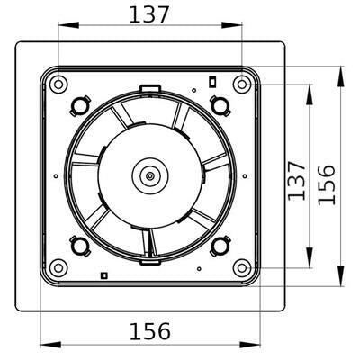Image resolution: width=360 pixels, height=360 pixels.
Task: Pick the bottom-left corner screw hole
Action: (58, 267)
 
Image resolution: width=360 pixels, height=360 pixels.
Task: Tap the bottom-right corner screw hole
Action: (241, 267)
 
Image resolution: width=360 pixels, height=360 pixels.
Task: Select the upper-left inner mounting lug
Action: (79, 105)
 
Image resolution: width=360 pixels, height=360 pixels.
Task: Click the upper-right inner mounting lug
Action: (220, 105)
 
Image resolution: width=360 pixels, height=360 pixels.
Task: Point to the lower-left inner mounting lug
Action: (79, 245)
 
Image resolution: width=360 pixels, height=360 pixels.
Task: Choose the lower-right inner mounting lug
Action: (220, 245)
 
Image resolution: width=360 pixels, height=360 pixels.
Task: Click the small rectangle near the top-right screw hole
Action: (212, 81)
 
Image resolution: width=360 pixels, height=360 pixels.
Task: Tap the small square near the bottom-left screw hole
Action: (104, 274)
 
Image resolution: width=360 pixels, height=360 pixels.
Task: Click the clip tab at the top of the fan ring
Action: (150, 87)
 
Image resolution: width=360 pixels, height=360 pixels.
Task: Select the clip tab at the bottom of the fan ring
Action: (149, 264)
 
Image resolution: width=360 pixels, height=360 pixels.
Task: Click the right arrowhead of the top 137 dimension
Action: (238, 28)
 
